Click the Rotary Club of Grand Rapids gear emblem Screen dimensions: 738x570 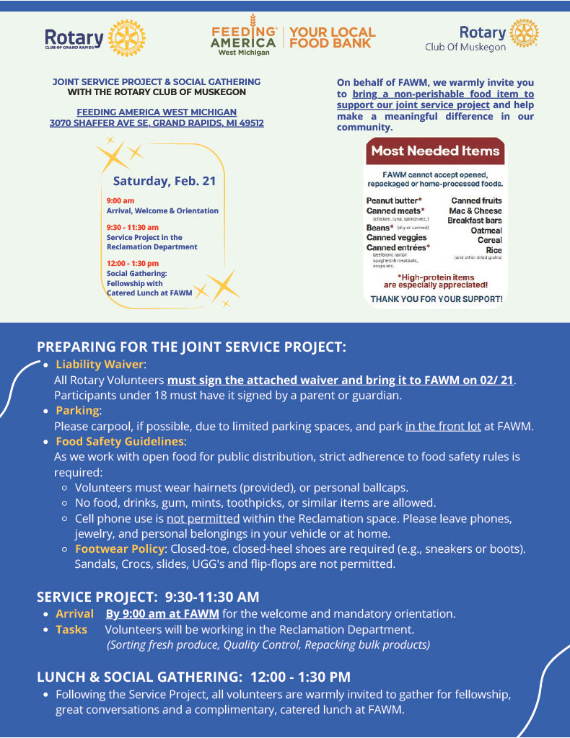click(126, 38)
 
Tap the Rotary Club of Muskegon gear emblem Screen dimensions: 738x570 click(524, 34)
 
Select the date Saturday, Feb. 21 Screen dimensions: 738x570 click(164, 182)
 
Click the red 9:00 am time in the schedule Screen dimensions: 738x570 click(120, 200)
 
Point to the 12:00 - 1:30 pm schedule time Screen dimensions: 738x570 click(132, 264)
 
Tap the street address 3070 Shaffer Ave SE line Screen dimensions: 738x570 click(157, 123)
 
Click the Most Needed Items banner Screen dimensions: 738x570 click(435, 151)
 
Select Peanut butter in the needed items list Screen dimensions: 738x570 click(394, 200)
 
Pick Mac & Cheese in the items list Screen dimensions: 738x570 click(475, 210)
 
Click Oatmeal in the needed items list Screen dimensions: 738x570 click(486, 230)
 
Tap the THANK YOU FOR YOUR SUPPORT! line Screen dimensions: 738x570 click(436, 298)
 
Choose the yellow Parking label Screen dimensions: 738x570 click(77, 410)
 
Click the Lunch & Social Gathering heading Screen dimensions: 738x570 click(193, 677)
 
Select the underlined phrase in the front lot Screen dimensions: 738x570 click(443, 426)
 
